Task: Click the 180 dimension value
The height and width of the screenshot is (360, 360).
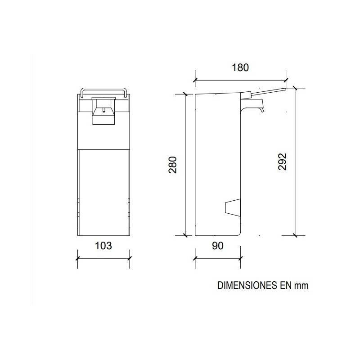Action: click(x=240, y=68)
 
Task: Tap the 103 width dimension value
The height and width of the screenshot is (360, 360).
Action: click(x=103, y=246)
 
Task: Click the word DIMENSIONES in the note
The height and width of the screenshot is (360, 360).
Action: click(x=245, y=285)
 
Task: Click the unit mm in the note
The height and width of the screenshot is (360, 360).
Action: click(x=301, y=286)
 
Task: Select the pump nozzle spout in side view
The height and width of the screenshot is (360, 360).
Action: click(x=260, y=106)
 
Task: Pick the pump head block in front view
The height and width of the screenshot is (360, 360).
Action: click(x=103, y=110)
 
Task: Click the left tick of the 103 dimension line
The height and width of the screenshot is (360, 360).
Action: click(x=78, y=259)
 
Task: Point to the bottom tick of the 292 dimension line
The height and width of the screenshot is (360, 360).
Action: click(x=295, y=235)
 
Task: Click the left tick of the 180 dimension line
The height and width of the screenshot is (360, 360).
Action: click(x=195, y=81)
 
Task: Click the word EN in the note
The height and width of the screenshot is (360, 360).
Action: click(x=283, y=285)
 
